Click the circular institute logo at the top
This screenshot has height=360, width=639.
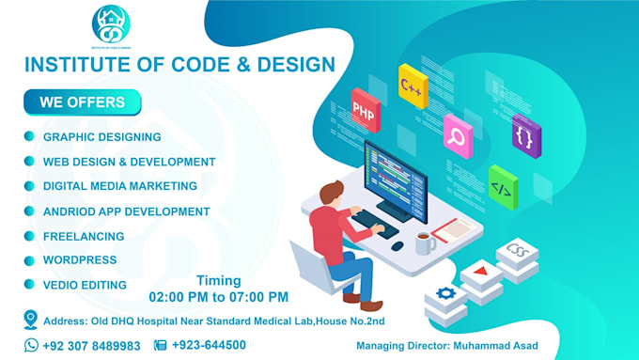(111, 23)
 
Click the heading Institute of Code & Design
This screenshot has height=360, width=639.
(179, 65)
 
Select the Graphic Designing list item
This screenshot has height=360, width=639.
(101, 137)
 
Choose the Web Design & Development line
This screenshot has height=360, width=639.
(129, 162)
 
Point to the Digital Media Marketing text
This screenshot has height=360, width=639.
(119, 186)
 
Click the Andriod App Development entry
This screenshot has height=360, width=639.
(126, 211)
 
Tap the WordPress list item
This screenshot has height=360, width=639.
(80, 259)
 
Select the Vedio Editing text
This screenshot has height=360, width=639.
(85, 284)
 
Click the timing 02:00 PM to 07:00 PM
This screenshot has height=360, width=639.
(218, 297)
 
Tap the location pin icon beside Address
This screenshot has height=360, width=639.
(31, 319)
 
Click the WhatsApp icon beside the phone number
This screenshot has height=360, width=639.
(31, 345)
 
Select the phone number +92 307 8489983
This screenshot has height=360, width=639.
(91, 345)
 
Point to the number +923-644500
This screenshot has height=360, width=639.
(209, 345)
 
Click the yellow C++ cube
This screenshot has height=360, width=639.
(413, 86)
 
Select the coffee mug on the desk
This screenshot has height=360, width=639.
(424, 243)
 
